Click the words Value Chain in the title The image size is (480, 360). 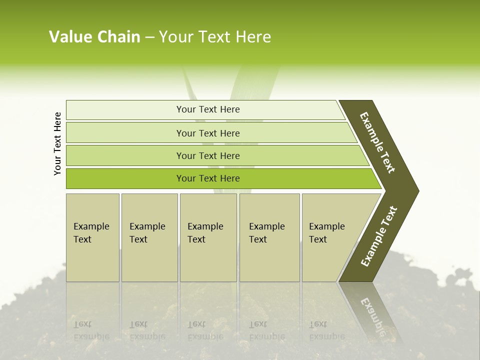pyautogui.click(x=94, y=37)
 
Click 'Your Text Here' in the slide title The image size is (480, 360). pyautogui.click(x=215, y=37)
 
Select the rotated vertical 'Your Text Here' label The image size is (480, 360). pyautogui.click(x=57, y=143)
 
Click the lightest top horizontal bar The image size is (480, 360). pyautogui.click(x=208, y=109)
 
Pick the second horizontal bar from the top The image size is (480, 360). pyautogui.click(x=208, y=133)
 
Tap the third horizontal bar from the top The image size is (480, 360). pyautogui.click(x=208, y=155)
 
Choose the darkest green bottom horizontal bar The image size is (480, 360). pyautogui.click(x=208, y=178)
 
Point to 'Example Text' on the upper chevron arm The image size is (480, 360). pyautogui.click(x=377, y=142)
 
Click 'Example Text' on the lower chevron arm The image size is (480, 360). pyautogui.click(x=378, y=236)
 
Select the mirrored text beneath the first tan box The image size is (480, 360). pyautogui.click(x=91, y=330)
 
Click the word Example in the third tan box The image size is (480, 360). pyautogui.click(x=205, y=226)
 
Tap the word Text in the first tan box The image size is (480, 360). pyautogui.click(x=82, y=239)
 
